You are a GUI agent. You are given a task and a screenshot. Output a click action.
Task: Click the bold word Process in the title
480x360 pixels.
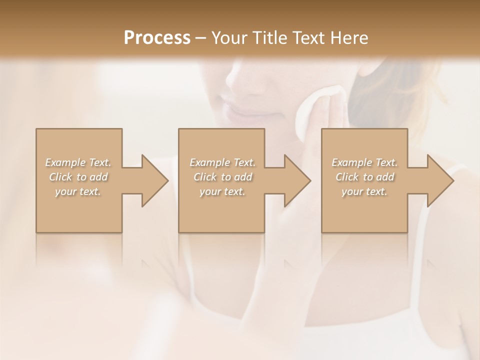click(157, 38)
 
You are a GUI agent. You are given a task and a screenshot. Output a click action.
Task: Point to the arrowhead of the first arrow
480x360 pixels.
click(154, 181)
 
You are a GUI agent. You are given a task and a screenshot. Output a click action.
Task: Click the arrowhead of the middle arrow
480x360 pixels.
click(297, 181)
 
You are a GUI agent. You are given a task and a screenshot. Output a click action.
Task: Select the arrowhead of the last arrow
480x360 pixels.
click(440, 181)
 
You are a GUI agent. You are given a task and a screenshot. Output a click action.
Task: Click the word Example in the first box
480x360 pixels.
click(65, 162)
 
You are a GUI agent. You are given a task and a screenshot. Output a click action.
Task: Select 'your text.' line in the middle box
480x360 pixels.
click(222, 191)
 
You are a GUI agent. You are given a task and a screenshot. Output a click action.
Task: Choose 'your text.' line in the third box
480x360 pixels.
click(364, 191)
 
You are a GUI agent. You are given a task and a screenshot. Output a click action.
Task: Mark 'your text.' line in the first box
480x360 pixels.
click(78, 191)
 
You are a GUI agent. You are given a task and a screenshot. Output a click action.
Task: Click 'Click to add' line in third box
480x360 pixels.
click(364, 177)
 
